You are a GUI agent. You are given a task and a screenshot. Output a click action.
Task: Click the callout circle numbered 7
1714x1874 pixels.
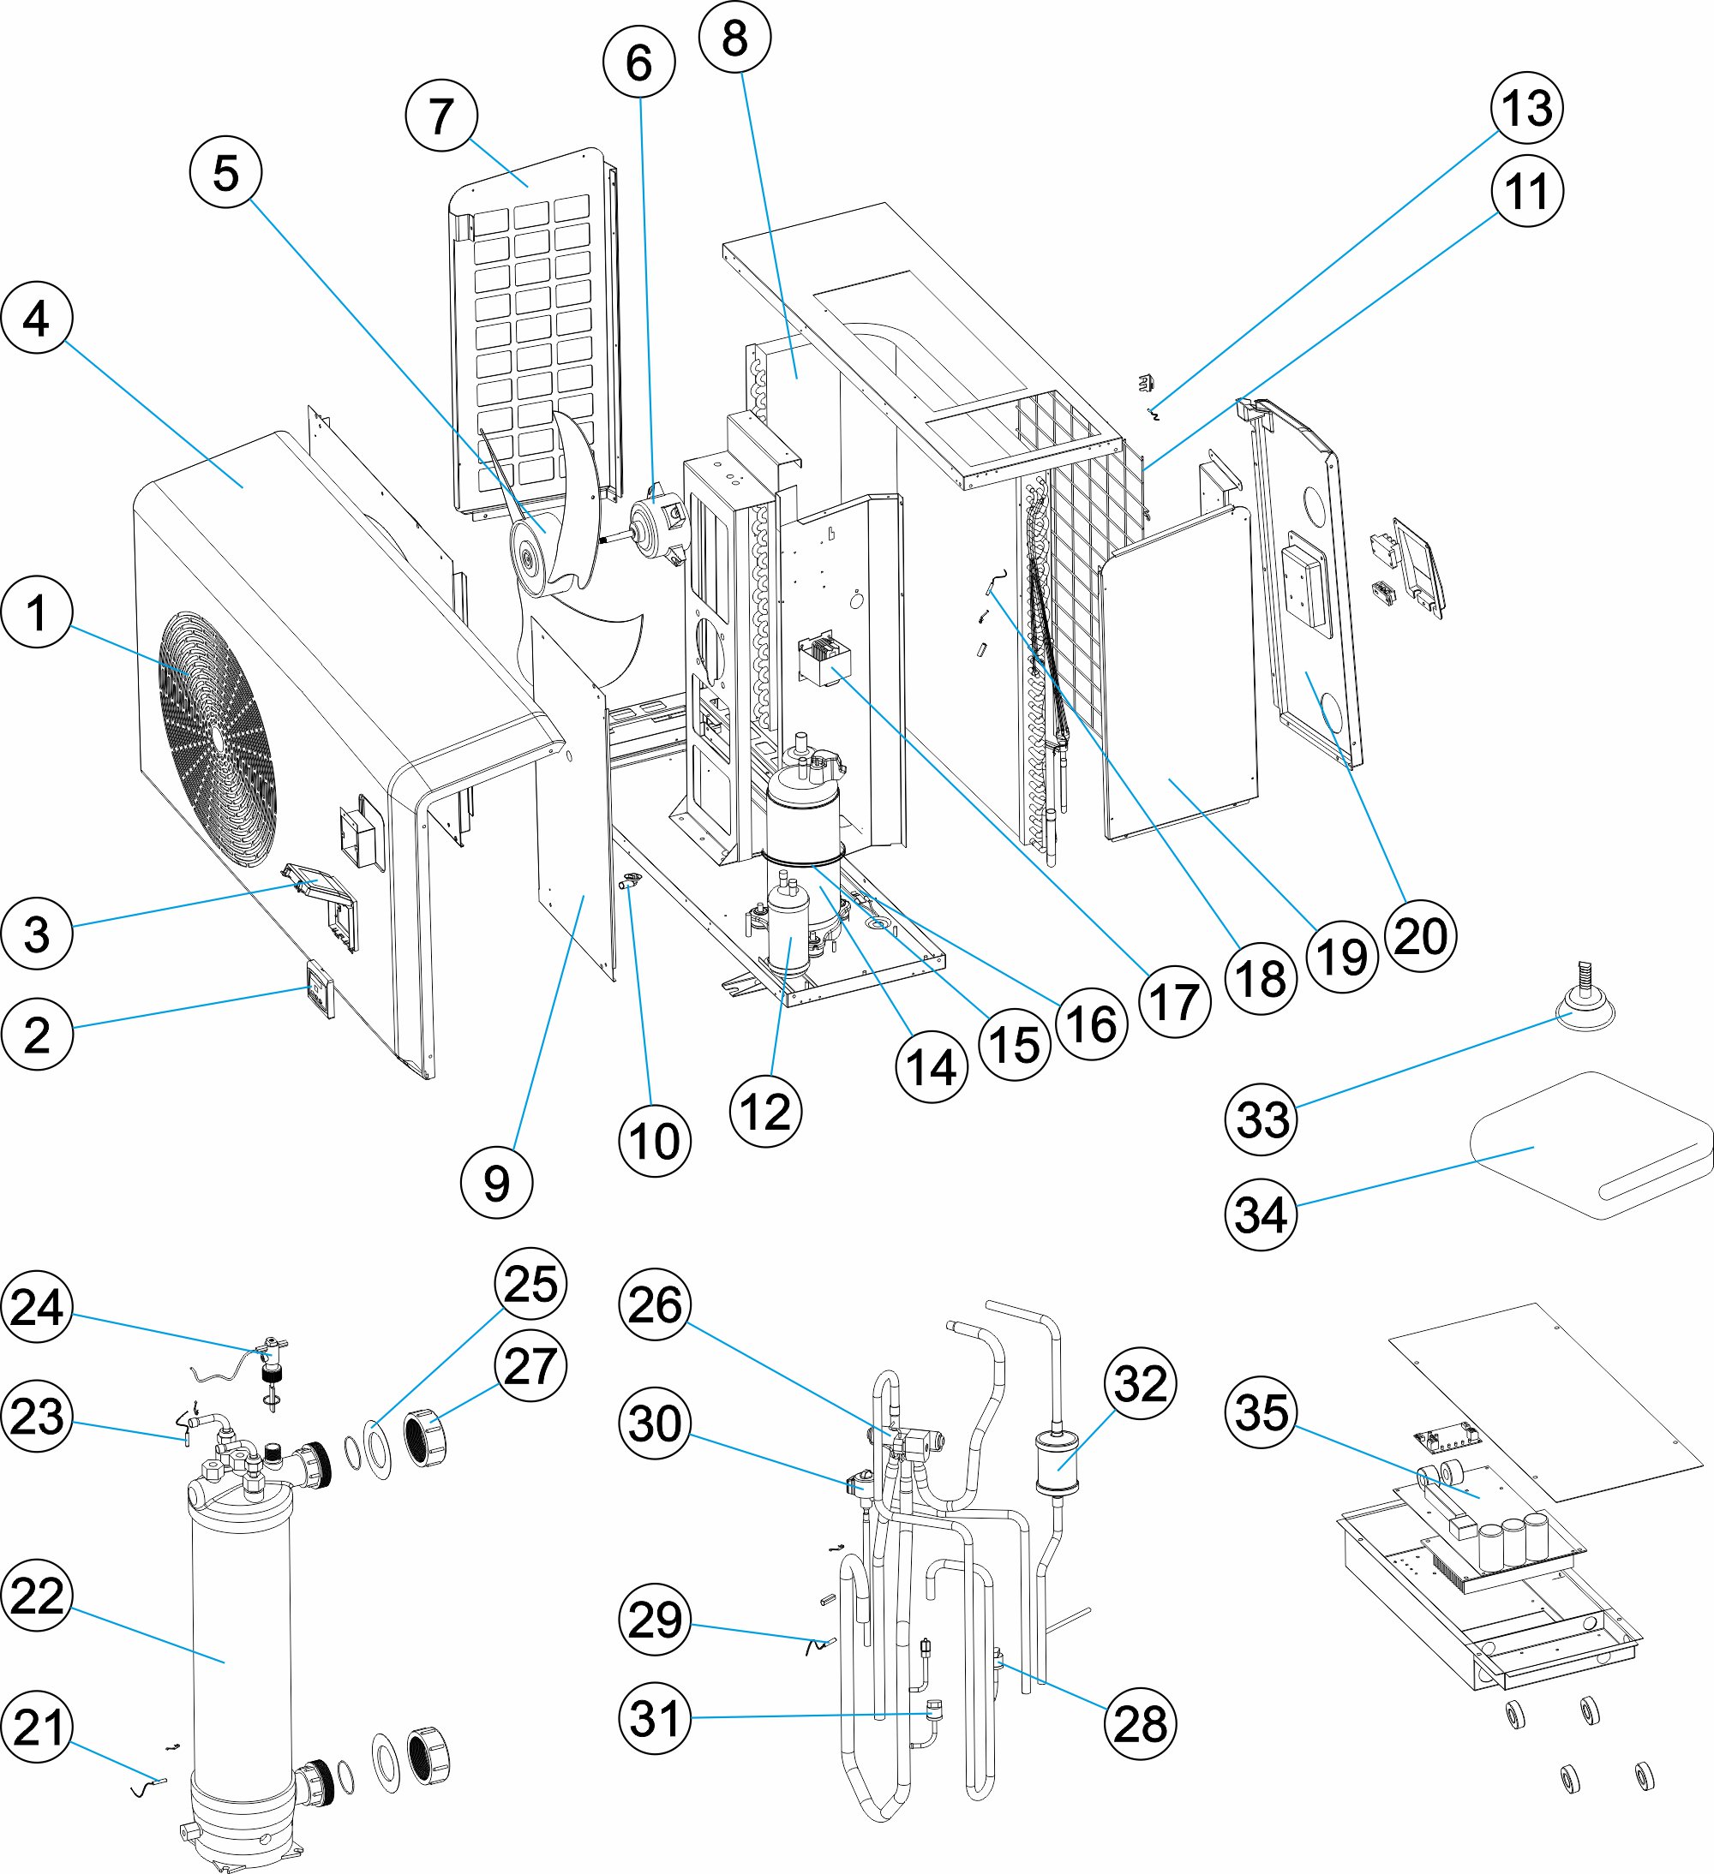(x=441, y=116)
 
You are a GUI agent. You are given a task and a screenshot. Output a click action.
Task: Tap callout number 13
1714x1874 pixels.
(x=1526, y=108)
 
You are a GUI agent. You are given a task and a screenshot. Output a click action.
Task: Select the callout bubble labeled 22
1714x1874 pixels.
(x=37, y=1595)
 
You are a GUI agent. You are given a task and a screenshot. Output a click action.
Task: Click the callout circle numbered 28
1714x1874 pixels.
(x=1140, y=1724)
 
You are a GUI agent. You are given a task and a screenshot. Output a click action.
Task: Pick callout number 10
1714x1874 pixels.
(x=655, y=1142)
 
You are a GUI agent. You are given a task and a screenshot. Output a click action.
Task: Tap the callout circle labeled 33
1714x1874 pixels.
(x=1262, y=1119)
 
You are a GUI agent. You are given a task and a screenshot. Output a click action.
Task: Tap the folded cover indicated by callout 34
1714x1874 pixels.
(x=1591, y=1143)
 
